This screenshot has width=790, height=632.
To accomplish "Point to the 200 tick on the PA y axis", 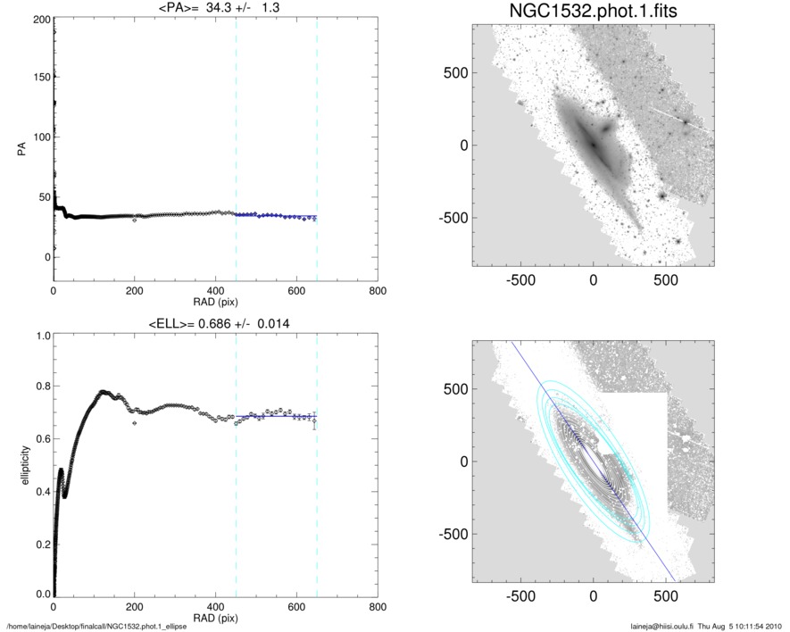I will (x=37, y=19).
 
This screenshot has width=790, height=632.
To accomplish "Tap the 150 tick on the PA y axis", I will (x=37, y=78).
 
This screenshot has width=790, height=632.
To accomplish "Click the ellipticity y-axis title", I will (x=20, y=464).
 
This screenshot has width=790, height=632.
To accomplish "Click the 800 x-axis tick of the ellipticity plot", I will (x=377, y=607).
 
